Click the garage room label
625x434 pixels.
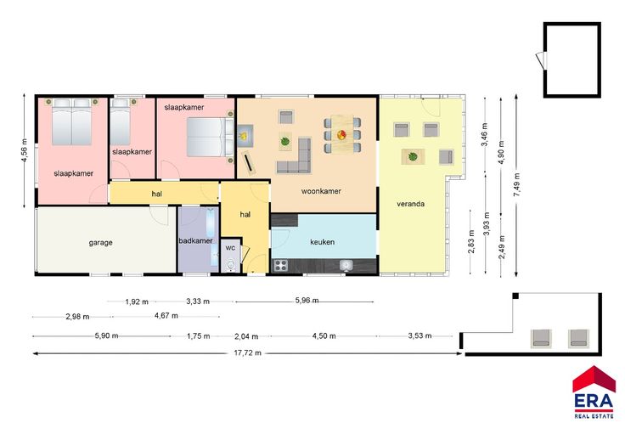100,242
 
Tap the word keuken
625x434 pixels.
322,242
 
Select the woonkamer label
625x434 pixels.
321,191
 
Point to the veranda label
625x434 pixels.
410,204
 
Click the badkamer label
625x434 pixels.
195,240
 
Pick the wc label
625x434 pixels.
230,248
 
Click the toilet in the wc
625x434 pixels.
231,265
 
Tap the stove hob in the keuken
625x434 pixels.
281,265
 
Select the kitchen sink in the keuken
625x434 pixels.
346,265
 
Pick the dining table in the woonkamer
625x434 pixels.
342,134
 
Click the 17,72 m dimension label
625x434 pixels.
247,352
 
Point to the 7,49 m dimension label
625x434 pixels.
516,185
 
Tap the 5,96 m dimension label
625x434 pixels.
307,301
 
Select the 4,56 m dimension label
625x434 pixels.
25,150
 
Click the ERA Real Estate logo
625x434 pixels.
594,392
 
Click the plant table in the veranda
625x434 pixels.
413,156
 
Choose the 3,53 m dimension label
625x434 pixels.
419,336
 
